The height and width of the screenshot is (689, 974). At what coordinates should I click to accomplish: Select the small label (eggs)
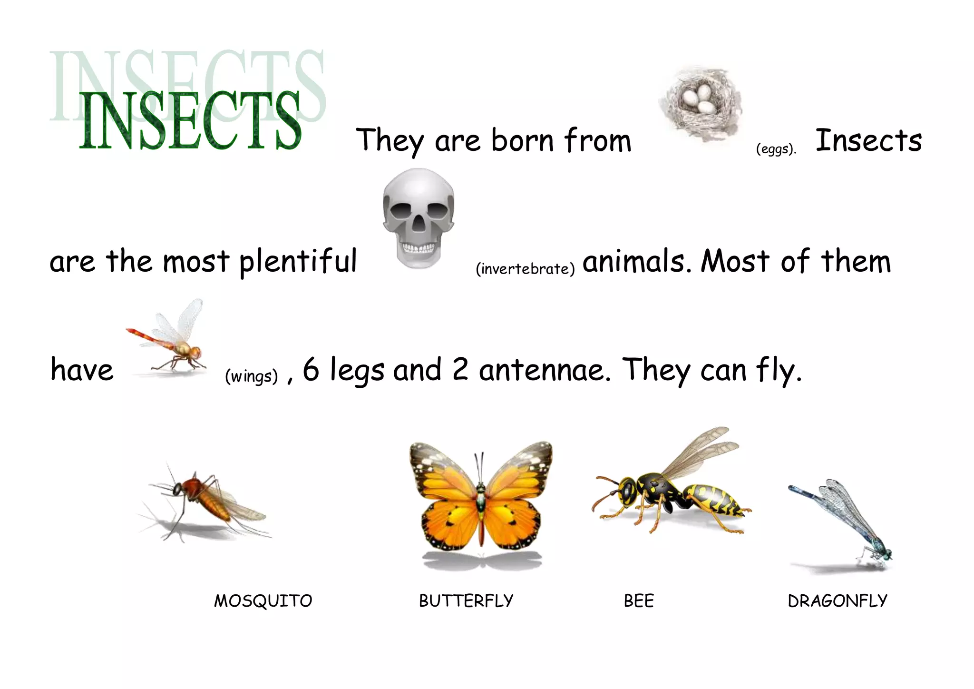click(776, 149)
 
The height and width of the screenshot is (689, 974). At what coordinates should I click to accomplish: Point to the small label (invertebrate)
click(525, 269)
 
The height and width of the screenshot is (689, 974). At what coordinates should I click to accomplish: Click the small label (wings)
click(251, 376)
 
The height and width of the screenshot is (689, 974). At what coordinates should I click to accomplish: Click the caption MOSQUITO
click(263, 601)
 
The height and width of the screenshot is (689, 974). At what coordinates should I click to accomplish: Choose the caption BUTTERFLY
click(466, 601)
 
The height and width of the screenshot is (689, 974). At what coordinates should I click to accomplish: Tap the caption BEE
click(639, 601)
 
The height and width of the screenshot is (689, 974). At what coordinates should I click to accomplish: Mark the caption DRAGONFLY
click(838, 601)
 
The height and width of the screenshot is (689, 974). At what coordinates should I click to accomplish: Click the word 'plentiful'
click(298, 262)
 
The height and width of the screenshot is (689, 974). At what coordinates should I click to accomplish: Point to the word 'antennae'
click(544, 370)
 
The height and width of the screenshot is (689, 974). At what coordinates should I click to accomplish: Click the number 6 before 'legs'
click(311, 369)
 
